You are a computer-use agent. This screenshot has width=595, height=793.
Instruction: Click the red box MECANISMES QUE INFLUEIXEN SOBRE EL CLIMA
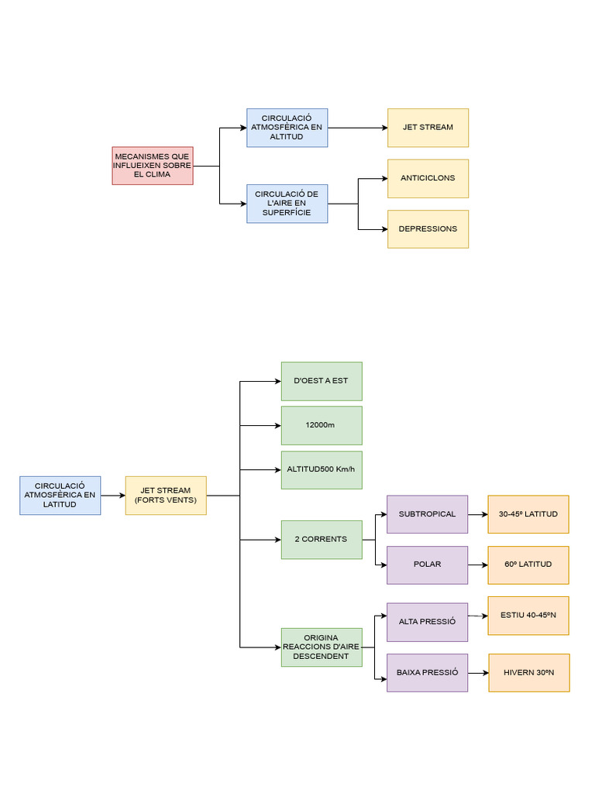click(x=152, y=166)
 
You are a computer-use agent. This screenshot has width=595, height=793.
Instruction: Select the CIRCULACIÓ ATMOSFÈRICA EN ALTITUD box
click(x=287, y=128)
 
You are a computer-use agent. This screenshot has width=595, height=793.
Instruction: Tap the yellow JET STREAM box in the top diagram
click(x=428, y=128)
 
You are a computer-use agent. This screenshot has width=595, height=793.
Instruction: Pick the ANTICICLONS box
click(x=428, y=178)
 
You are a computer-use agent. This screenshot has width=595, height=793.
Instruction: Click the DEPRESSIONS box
click(x=428, y=229)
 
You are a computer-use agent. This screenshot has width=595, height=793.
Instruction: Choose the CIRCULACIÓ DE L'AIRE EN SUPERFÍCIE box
click(x=287, y=204)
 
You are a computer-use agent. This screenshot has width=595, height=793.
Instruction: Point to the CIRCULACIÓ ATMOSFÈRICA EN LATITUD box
click(x=60, y=496)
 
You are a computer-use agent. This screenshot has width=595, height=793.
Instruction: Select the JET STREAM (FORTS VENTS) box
click(x=166, y=496)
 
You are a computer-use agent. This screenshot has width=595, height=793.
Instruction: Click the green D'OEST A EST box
click(x=321, y=381)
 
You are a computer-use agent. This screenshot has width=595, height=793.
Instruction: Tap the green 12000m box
click(x=321, y=425)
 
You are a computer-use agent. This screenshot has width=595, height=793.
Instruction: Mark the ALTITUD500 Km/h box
click(x=321, y=470)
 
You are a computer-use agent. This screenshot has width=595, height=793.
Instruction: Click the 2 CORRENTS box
click(x=321, y=539)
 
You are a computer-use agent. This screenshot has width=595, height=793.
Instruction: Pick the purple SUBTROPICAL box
click(x=427, y=514)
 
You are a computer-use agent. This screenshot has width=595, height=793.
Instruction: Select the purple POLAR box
click(x=427, y=565)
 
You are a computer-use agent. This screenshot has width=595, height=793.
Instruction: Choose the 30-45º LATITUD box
click(x=528, y=514)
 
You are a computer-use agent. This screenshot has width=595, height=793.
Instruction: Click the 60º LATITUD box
click(x=528, y=565)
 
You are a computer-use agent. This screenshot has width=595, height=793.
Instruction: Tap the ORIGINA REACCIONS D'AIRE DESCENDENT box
click(x=321, y=647)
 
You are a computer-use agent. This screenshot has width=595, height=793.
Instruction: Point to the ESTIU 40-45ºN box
click(x=528, y=616)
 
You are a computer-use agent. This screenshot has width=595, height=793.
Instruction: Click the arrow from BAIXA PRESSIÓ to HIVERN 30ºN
click(x=478, y=673)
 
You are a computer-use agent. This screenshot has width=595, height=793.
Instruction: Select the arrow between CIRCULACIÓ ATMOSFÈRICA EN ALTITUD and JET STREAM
click(x=357, y=128)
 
